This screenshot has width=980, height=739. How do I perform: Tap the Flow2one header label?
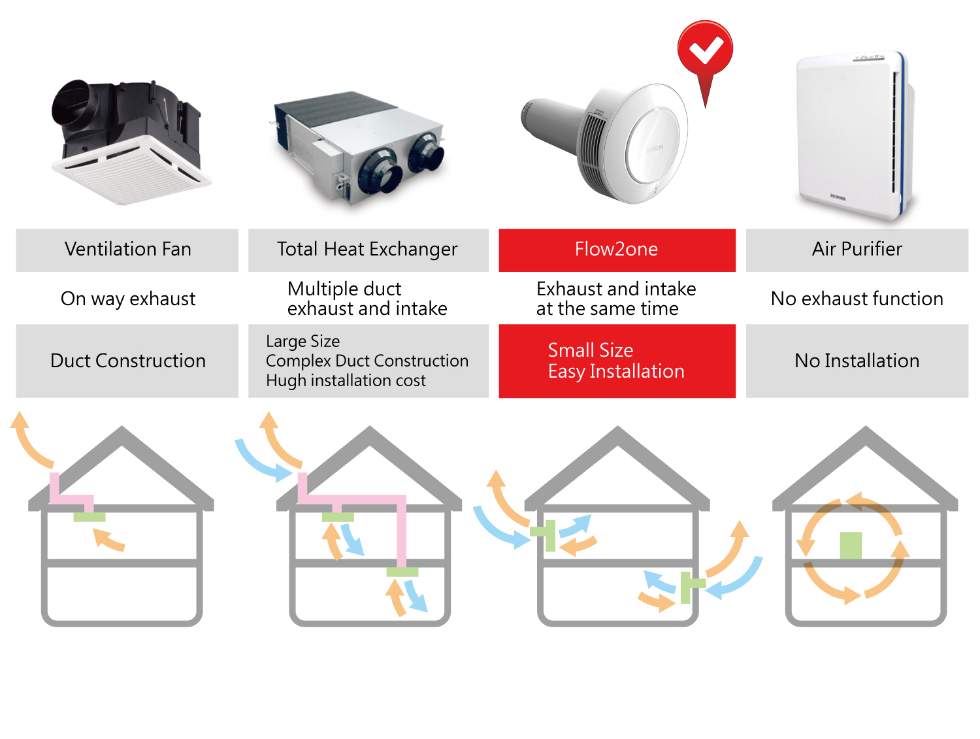coord(616,249)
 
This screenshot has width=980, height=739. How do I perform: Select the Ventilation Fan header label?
coord(127,249)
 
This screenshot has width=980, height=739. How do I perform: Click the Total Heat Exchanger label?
coord(367,249)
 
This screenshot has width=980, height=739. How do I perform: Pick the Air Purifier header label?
coord(857,249)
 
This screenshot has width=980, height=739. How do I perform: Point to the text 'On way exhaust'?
coord(127,299)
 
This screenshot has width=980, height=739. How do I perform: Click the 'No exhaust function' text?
coord(857,299)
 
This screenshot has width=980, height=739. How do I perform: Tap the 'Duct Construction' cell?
coord(127,360)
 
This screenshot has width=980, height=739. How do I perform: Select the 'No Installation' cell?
coord(857,360)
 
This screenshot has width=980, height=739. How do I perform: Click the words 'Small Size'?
coord(590,350)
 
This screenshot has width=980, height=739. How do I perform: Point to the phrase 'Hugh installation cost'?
coord(346,380)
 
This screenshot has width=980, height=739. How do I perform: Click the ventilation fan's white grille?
coord(132,172)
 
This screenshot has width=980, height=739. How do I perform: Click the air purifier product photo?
coord(855,136)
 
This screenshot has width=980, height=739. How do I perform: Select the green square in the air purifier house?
coord(851,545)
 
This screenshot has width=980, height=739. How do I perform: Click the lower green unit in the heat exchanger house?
coord(402,572)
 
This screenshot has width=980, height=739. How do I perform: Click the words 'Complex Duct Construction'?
coord(367,361)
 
